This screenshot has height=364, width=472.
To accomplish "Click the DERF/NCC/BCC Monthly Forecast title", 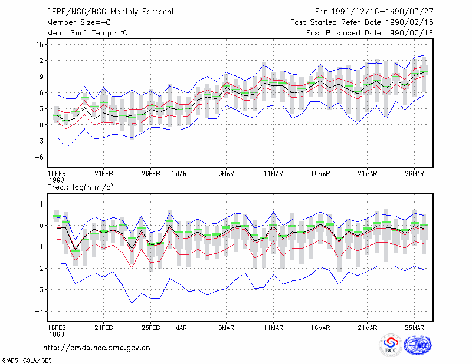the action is pos(110,12).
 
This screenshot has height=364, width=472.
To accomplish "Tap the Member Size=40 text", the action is pos(79,22).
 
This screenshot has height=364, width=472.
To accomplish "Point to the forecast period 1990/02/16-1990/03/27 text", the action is pos(374,12).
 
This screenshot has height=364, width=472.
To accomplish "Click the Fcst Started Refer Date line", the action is pos(362,22).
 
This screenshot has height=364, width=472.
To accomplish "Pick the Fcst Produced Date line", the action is pos(370,33).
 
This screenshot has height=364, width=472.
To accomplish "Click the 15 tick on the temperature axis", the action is pos(40,45).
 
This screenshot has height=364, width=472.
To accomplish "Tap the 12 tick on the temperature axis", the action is pos(40,61).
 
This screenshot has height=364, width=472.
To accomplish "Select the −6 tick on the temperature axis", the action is pos(40,157).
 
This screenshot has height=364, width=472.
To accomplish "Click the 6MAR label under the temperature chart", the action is pos(227,174).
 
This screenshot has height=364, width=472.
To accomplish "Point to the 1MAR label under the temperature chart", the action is pos(179,174).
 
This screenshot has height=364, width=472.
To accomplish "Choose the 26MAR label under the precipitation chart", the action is pos(415,327).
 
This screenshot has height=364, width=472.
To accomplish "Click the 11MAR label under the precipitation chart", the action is pos(273,327).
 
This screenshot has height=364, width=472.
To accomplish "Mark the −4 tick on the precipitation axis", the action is pos(40,312).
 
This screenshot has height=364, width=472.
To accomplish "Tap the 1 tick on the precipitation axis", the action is pos(41,204).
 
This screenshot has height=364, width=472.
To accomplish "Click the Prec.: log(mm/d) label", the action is pos(81,187).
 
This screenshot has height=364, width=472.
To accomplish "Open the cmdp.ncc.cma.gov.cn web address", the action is pos(97,348).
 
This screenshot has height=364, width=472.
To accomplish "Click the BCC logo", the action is pos(391,345).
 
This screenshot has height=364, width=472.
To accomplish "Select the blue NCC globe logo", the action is pos(418,345).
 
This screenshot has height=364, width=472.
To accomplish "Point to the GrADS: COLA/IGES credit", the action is pos(27,360).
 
